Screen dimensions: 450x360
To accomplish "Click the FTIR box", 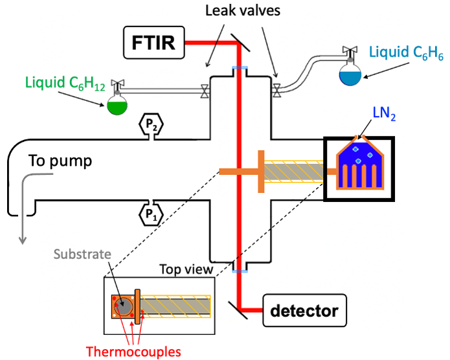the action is point(154,43).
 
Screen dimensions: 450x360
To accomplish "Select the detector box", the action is point(304,310).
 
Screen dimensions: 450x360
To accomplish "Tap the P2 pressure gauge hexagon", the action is point(152,124).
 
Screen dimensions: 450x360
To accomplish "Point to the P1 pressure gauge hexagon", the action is point(151,214).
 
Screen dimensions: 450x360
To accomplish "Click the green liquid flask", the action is point(117,104).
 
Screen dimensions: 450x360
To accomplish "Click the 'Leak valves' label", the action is point(243,11).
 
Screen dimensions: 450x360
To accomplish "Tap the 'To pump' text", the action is point(60,161).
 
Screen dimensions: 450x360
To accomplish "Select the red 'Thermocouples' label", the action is point(133,352).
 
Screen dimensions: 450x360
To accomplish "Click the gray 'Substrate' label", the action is point(82,254).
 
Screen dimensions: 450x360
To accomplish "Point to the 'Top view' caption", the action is point(186,269).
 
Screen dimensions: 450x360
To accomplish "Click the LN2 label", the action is point(384,113).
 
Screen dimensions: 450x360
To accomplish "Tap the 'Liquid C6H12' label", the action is point(65,84).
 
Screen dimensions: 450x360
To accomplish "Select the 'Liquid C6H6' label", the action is point(406,53).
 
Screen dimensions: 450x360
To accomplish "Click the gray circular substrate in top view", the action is point(124,306).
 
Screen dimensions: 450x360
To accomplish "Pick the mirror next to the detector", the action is point(238,310).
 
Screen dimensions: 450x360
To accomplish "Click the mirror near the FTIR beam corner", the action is point(240,42).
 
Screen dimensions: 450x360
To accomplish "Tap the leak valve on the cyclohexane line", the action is point(205,91).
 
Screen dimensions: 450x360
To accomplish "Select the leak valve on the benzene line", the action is point(276,91).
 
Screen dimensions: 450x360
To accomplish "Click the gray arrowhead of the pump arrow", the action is point(23,241).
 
